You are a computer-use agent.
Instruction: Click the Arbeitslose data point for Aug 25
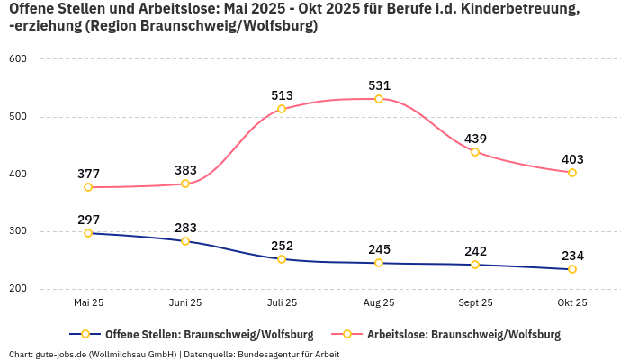(379, 99)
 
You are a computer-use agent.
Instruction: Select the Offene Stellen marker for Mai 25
(88, 233)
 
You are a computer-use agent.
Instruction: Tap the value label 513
(282, 95)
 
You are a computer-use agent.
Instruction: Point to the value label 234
(571, 256)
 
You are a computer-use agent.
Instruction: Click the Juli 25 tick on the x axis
(282, 303)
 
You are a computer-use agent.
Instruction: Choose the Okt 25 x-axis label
(571, 303)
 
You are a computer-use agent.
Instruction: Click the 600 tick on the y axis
(18, 59)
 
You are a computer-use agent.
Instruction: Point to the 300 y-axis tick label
(18, 232)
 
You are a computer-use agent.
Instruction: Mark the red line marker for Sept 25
(475, 152)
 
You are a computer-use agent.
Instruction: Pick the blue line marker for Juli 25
(282, 259)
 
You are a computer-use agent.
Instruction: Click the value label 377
(88, 174)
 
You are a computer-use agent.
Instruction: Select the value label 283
(185, 228)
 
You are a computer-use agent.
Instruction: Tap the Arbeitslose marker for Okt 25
(571, 173)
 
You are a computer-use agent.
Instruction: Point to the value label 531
(379, 85)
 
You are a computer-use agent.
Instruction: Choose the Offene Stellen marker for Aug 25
(379, 263)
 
